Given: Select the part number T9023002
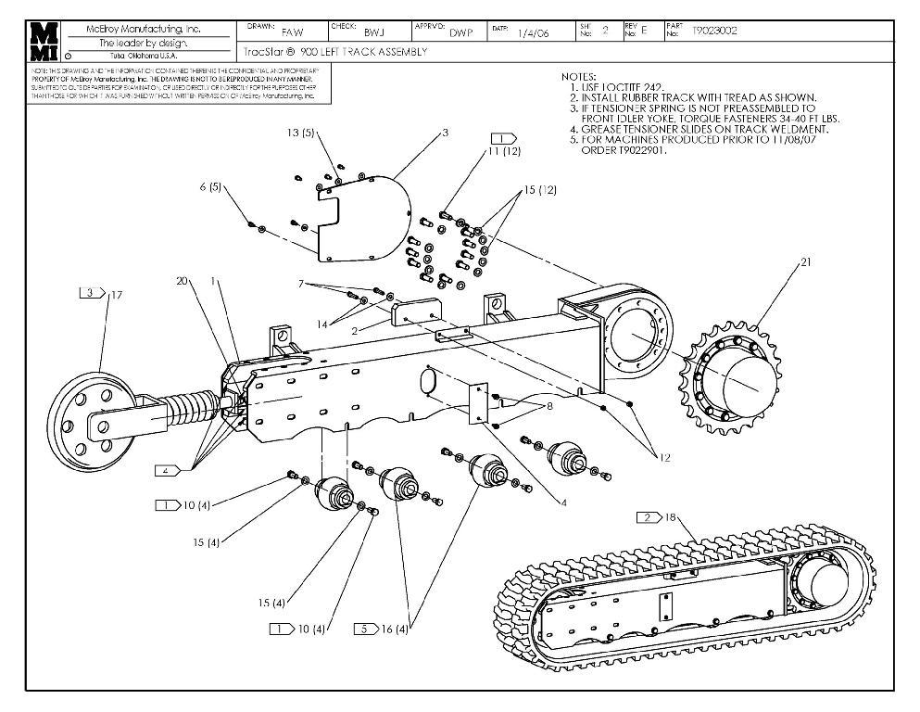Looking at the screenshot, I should [x=715, y=32].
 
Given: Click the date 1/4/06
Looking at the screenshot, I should [x=534, y=32].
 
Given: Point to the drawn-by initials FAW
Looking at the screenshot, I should [x=292, y=32].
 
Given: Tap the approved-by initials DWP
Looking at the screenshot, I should [x=461, y=32].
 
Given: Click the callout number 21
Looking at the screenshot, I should [x=806, y=262].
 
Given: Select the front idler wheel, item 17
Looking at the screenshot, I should [x=89, y=424].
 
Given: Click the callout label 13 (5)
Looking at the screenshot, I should [x=301, y=133].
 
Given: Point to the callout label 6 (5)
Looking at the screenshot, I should [x=210, y=186].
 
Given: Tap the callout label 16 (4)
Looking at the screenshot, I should [x=393, y=629].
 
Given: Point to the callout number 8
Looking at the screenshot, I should [x=552, y=405].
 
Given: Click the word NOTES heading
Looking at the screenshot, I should [x=579, y=76].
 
